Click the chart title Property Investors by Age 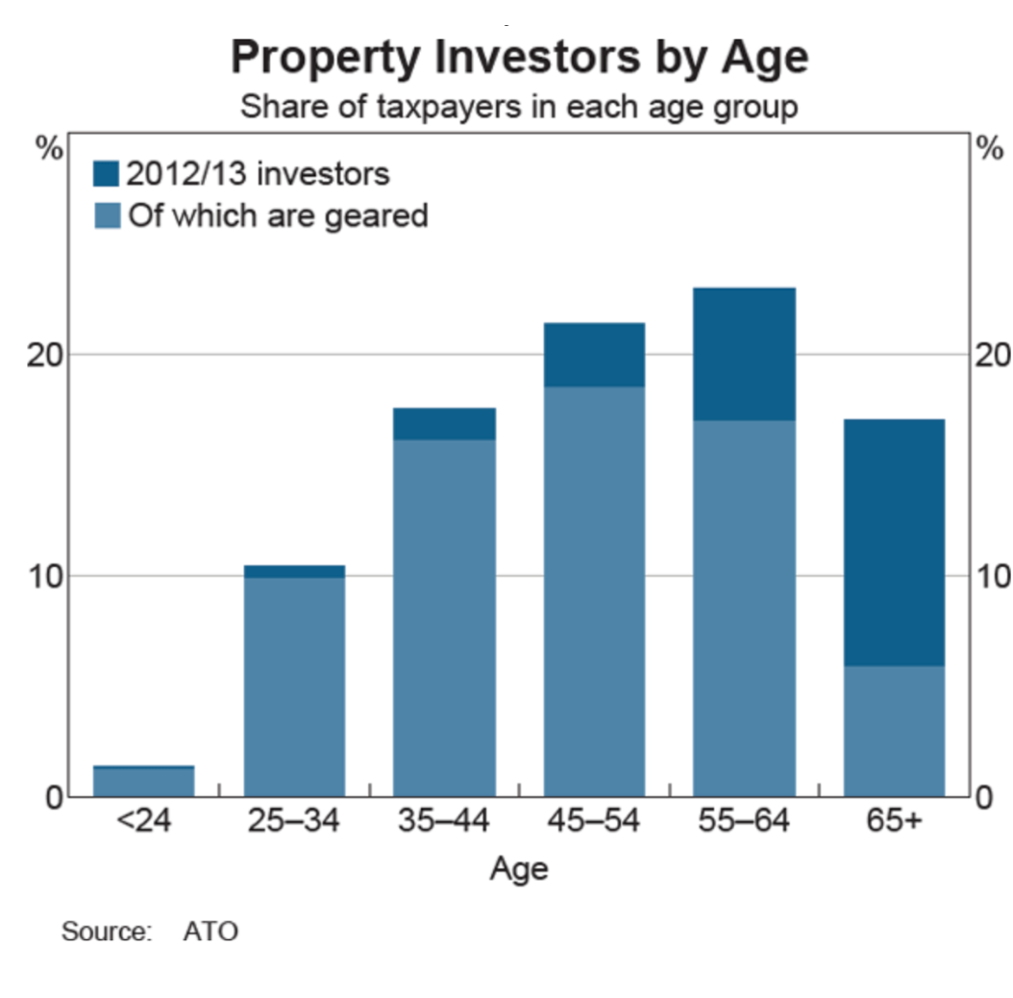[519, 58]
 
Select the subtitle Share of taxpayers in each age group [519, 106]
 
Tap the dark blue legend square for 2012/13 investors [107, 174]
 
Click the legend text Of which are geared [278, 214]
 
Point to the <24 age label [143, 823]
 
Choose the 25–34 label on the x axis [294, 823]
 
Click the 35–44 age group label [444, 823]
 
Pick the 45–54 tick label [594, 823]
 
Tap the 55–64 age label [744, 823]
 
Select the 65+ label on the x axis [894, 823]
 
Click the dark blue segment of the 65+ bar [894, 543]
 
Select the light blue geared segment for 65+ [894, 731]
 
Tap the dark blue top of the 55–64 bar [744, 354]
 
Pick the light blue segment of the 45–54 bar [594, 591]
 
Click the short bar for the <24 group [143, 781]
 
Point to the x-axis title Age [519, 869]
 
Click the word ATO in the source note [210, 932]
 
